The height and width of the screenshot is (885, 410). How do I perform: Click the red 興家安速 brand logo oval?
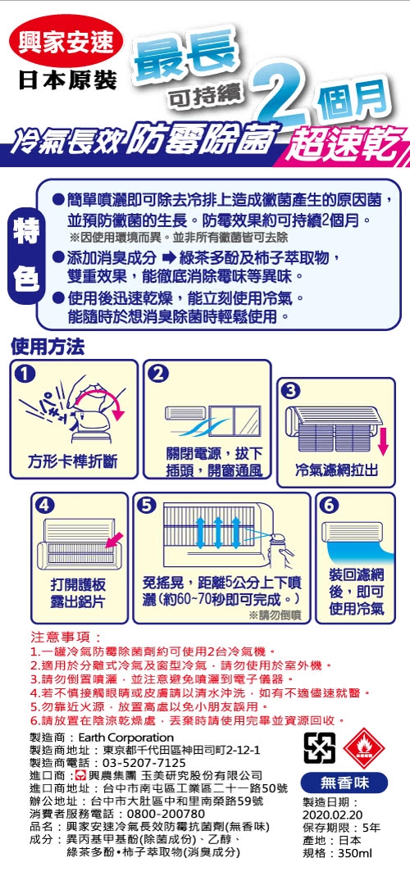click(x=66, y=43)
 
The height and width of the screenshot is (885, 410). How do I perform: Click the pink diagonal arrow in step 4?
click(x=115, y=536)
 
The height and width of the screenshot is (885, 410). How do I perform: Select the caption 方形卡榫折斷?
click(x=73, y=463)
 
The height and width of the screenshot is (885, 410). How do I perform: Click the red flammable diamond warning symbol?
click(x=363, y=749)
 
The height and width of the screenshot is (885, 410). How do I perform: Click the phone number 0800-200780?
click(x=166, y=815)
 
